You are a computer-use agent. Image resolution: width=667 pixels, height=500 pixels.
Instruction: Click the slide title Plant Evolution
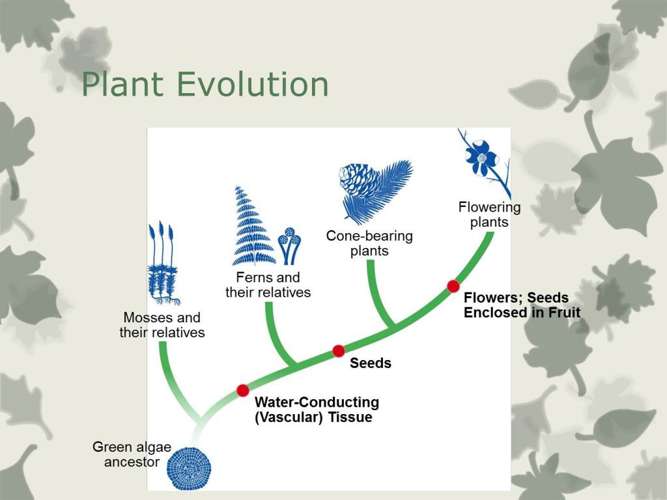coord(205,85)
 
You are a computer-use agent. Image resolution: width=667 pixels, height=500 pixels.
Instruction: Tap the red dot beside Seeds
coord(338,351)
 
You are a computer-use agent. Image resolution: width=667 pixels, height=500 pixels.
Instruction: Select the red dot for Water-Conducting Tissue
coord(242,390)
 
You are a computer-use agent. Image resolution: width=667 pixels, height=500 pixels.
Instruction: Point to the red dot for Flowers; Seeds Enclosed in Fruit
coord(453,286)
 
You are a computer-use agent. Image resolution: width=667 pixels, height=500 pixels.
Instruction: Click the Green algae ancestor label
coord(132,454)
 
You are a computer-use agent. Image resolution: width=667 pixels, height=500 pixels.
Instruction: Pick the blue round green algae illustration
coord(190,467)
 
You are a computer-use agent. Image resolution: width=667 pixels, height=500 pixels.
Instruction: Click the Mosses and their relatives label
coord(162,325)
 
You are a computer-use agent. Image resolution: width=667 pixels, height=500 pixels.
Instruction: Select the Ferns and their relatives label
coord(268,285)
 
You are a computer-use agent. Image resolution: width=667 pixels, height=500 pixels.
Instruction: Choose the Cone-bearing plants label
coord(369,243)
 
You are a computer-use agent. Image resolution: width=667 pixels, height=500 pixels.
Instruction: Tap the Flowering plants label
coord(489,215)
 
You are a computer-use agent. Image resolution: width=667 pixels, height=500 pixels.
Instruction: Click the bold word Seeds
coord(370,363)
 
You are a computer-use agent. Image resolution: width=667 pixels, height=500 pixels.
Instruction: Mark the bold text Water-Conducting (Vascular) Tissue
coord(317,410)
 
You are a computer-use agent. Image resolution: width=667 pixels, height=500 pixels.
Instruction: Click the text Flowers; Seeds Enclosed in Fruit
coord(521,305)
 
